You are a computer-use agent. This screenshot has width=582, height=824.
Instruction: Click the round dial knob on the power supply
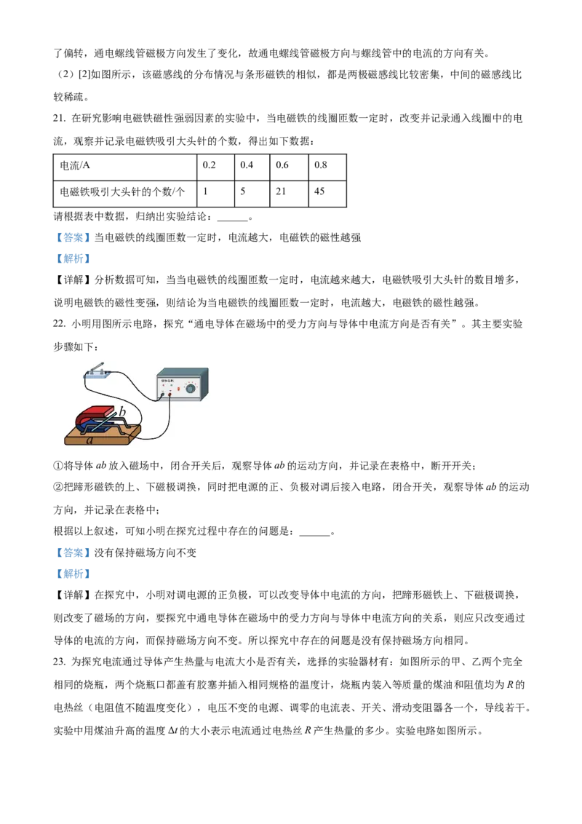(x=191, y=389)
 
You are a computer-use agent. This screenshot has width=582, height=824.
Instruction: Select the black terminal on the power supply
(x=162, y=395)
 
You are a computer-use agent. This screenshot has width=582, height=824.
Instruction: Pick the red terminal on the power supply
(x=170, y=395)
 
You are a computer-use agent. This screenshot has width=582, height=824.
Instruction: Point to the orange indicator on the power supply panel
(x=178, y=389)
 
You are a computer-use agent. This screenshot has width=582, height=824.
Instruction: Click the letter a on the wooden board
(x=89, y=440)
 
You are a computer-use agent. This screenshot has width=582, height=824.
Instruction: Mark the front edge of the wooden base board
(x=102, y=443)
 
